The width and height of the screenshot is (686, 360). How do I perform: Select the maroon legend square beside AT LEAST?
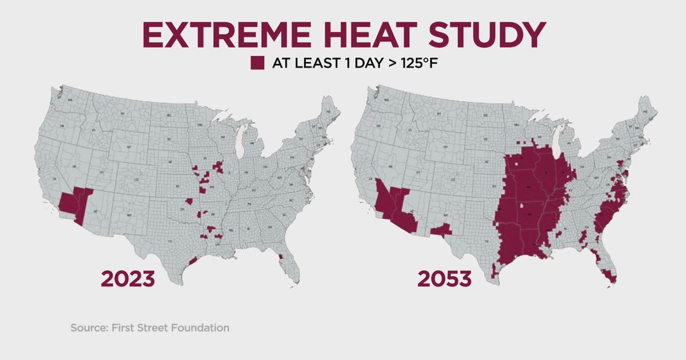[257, 63]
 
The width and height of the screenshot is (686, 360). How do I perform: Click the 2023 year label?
[127, 279]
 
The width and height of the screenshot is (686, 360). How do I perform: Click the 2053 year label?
[444, 279]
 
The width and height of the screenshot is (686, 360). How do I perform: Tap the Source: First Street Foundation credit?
[150, 328]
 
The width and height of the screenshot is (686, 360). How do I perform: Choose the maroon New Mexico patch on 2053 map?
[441, 230]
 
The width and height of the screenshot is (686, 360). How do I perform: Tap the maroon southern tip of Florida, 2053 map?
[611, 279]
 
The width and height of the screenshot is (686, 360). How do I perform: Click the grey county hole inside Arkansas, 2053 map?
[521, 207]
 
